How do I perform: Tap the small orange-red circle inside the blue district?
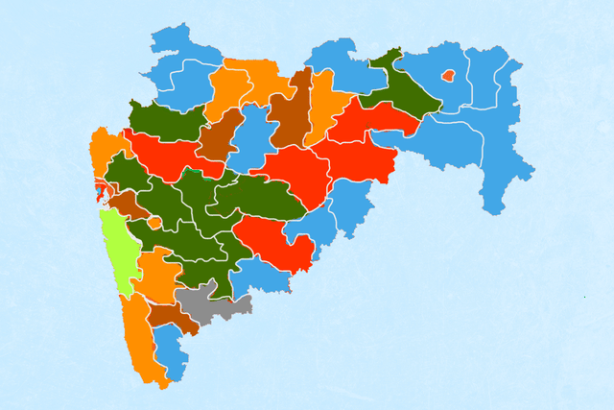447,75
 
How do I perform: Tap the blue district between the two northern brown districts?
252,134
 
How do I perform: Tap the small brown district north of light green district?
125,204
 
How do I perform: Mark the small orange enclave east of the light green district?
154,222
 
